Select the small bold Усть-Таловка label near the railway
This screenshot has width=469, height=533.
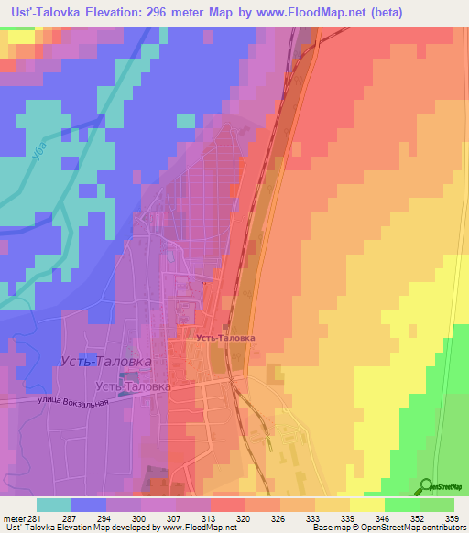[x=225, y=337]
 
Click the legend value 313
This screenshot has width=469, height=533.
[x=192, y=518]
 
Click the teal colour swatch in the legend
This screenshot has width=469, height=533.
[x=54, y=505]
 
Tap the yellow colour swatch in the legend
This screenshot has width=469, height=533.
[x=367, y=505]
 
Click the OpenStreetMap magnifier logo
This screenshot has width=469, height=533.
[x=427, y=486]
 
